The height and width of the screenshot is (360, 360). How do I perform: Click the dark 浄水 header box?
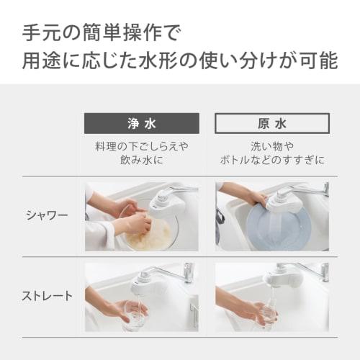pyautogui.click(x=141, y=123)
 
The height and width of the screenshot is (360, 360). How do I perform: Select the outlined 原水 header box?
pyautogui.click(x=272, y=123)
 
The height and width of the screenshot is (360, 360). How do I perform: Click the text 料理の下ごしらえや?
pyautogui.click(x=141, y=145)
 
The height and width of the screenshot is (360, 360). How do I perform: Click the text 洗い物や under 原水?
pyautogui.click(x=272, y=145)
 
